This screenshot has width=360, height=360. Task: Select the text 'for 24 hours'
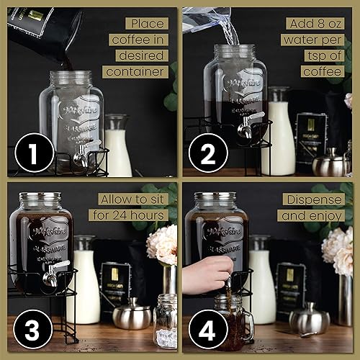pyautogui.click(x=128, y=215)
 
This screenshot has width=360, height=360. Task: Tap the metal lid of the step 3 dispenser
pyautogui.click(x=45, y=197)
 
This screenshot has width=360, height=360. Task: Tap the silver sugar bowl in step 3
pyautogui.click(x=132, y=315)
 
